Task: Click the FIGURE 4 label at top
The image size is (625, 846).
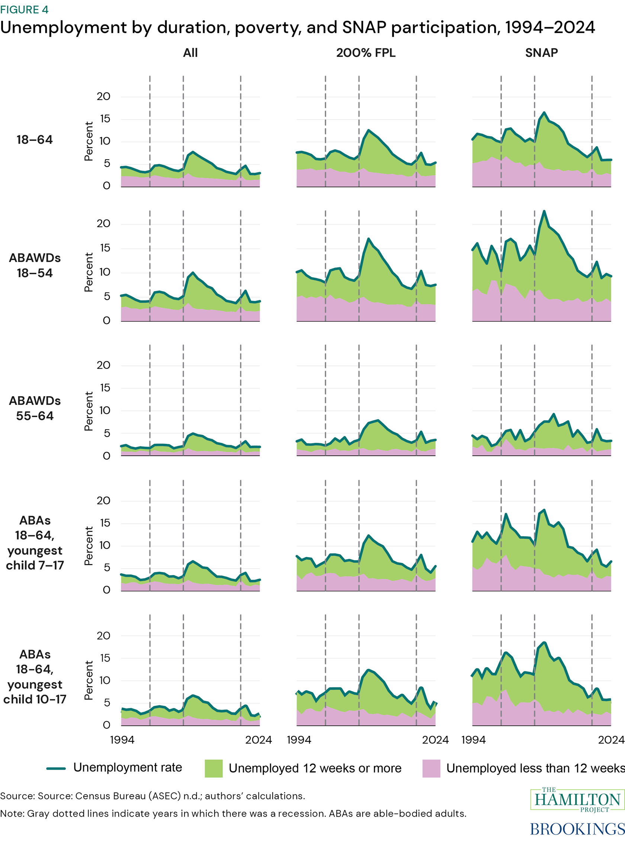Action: pyautogui.click(x=24, y=9)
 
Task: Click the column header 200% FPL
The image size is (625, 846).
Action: pyautogui.click(x=365, y=52)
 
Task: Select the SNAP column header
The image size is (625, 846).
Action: pyautogui.click(x=541, y=52)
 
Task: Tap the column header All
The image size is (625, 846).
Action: pyautogui.click(x=190, y=52)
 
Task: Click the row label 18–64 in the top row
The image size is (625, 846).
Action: pyautogui.click(x=35, y=140)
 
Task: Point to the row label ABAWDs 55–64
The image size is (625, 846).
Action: pyautogui.click(x=35, y=408)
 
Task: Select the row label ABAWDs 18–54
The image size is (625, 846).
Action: pyautogui.click(x=35, y=265)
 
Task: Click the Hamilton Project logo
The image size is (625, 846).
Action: pyautogui.click(x=577, y=799)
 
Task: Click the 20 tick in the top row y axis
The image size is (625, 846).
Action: pyautogui.click(x=103, y=96)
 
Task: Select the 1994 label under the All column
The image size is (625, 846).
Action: pyautogui.click(x=122, y=740)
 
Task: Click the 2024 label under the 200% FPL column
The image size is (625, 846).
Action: pyautogui.click(x=435, y=740)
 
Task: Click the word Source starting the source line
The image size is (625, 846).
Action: pyautogui.click(x=17, y=796)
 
